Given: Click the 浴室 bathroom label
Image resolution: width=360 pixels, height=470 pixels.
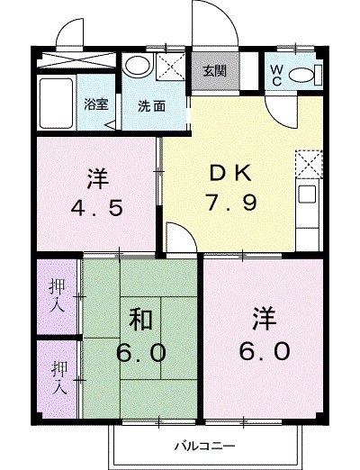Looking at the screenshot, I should click(x=96, y=104).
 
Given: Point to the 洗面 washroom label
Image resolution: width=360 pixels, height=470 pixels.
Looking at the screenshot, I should click(x=150, y=104).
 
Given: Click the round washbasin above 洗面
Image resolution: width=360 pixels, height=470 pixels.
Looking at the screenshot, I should click(x=137, y=65).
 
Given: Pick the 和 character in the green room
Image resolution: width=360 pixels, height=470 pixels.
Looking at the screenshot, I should click(x=139, y=319).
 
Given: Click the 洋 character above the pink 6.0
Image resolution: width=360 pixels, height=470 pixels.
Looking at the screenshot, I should click(x=264, y=318).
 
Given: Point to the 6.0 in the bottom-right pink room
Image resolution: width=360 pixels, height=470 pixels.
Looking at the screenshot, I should click(x=264, y=350).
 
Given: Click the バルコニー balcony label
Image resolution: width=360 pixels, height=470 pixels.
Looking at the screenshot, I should click(x=204, y=446).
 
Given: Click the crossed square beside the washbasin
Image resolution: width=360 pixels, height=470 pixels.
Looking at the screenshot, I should click(x=168, y=66).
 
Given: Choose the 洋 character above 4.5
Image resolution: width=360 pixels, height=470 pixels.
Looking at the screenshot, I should click(x=99, y=175).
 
